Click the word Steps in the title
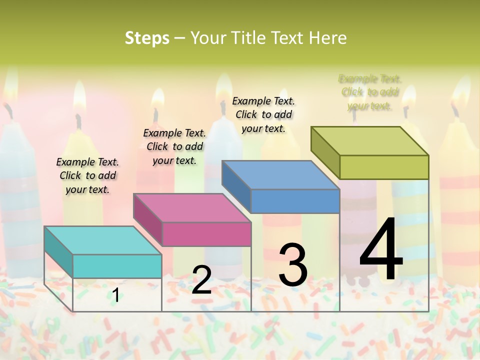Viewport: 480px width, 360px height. point(147,38)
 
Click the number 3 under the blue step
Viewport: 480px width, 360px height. point(292,265)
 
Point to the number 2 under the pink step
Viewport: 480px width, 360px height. point(201,280)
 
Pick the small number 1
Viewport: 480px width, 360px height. point(115,295)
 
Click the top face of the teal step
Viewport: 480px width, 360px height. point(102,240)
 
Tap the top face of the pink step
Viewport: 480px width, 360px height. point(192,207)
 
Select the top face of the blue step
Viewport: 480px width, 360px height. point(280,175)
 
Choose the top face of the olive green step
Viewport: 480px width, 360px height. point(370,141)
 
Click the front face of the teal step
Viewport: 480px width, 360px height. point(117,266)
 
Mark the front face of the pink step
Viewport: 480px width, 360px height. point(206,234)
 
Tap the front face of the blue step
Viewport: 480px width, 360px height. point(295,201)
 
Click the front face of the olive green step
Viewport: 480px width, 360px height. point(384,167)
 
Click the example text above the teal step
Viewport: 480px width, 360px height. point(87,175)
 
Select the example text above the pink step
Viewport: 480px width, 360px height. point(174,146)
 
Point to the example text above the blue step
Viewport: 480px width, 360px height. point(263,114)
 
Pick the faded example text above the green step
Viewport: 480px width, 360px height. point(370,92)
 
